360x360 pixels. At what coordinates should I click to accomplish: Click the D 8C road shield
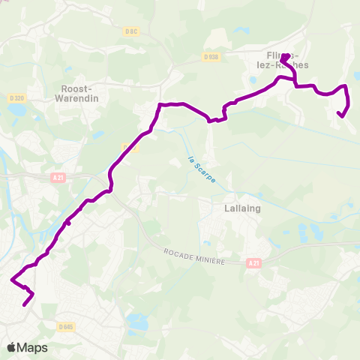[x=132, y=31]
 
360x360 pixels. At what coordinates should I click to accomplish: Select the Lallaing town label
[x=241, y=209]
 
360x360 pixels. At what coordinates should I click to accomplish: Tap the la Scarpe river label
[x=193, y=168]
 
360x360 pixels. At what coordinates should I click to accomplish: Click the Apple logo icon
[x=11, y=348]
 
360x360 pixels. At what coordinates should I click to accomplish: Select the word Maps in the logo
[x=33, y=348]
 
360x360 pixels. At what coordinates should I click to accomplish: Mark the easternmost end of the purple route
[x=341, y=115]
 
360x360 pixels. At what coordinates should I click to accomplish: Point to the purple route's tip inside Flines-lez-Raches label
[x=285, y=55]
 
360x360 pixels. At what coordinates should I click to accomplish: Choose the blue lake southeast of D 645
[x=138, y=323]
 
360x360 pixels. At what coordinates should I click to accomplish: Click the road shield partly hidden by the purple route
[x=128, y=148]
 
